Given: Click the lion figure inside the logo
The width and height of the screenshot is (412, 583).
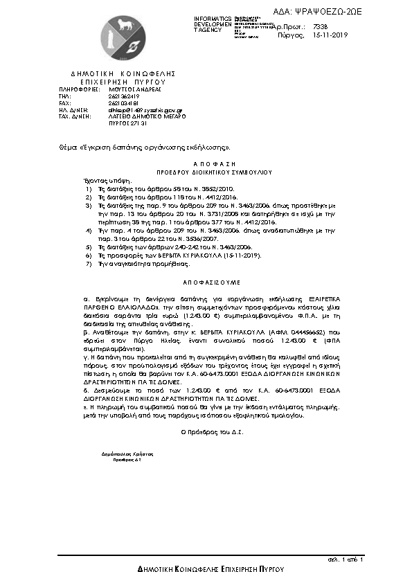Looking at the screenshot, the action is tap(125, 28).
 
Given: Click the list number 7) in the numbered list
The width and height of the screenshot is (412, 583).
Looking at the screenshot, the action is tap(87, 264).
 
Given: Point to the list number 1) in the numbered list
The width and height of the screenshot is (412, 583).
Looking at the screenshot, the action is tap(87, 188).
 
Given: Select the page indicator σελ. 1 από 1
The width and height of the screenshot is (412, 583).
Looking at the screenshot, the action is tap(346, 558).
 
